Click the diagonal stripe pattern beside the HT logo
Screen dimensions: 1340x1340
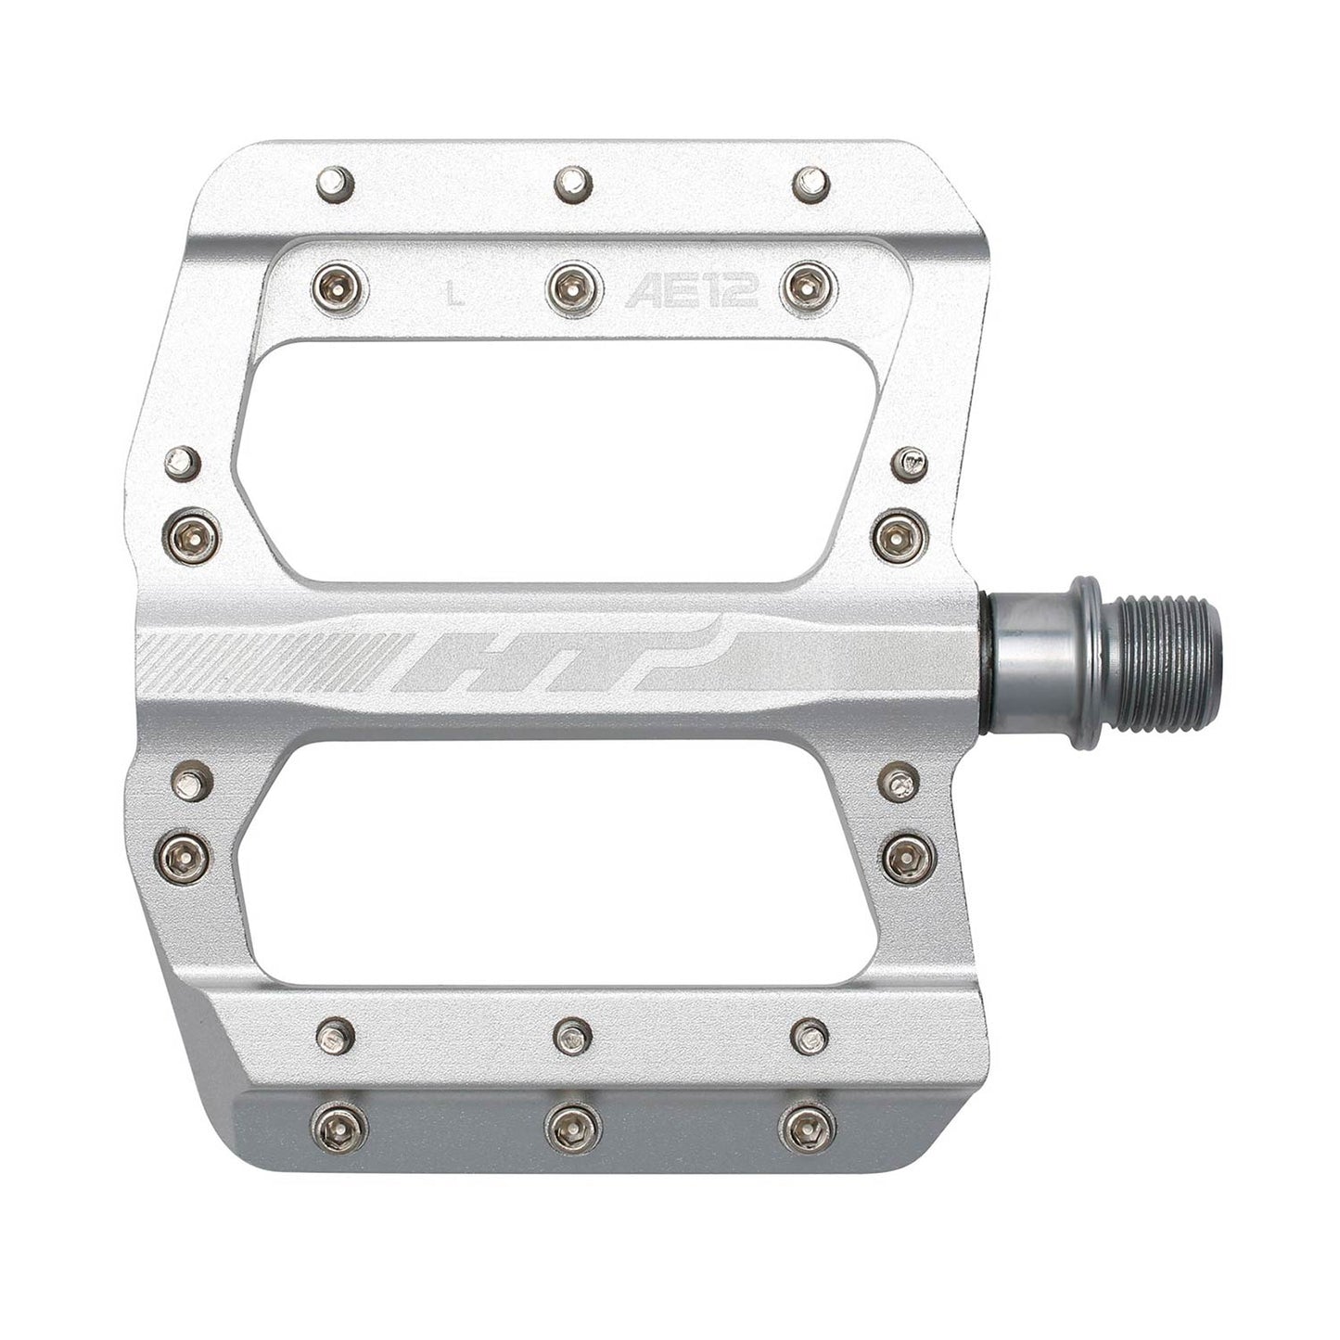pos(278,660)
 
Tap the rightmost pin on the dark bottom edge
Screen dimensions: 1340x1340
pos(806,1128)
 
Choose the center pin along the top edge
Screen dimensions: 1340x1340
pos(574,181)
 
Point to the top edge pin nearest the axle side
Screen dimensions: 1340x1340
pos(811,181)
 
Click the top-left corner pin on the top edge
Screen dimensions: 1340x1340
pos(336,182)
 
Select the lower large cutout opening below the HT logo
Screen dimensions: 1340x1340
pos(556,862)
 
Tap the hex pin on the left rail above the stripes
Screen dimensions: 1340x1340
pos(195,533)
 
